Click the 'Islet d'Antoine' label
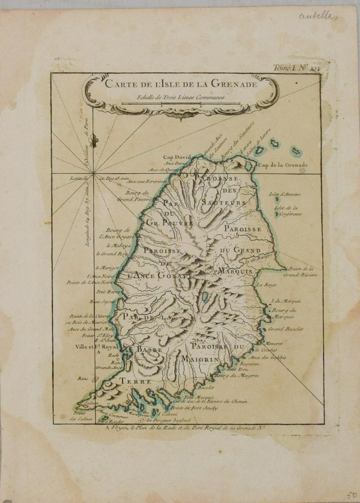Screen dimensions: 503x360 click(285, 194)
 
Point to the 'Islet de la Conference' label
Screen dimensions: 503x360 click(288, 211)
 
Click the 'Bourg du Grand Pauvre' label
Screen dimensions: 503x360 click(133, 196)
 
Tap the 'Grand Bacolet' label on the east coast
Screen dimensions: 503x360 click(286, 329)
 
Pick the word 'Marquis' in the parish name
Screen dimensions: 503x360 click(235, 272)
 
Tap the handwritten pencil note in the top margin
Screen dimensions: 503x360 click(318, 17)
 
